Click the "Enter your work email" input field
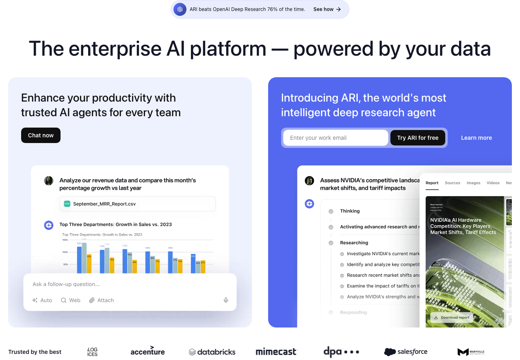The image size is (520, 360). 336,138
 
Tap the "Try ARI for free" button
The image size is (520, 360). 418,138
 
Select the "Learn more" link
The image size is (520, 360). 476,138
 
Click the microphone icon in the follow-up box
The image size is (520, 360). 226,300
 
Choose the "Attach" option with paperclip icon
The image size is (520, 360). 102,300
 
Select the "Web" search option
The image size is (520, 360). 71,300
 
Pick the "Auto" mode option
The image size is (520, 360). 42,300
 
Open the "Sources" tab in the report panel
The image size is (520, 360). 452,183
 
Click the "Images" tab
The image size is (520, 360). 473,183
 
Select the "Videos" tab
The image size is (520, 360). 493,183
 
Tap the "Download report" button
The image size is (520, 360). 451,317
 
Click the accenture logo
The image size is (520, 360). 147,351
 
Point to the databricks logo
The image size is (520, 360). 212,352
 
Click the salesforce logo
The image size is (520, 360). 405,351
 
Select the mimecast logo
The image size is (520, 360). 276,352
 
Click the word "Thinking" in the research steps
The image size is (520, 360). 350,211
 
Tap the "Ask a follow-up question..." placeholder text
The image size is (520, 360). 66,284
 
